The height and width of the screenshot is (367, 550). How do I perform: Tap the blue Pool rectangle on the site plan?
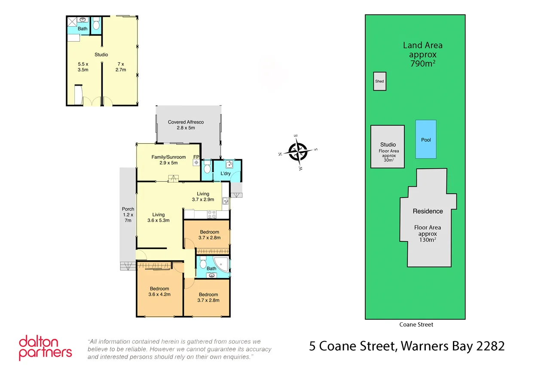[426, 139]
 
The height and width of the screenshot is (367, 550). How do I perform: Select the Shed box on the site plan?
[379, 81]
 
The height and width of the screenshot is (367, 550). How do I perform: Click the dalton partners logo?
[45, 348]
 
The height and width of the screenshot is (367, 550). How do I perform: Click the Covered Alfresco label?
[186, 125]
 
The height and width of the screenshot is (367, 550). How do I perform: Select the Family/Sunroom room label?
[165, 160]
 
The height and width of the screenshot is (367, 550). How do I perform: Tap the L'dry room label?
[226, 173]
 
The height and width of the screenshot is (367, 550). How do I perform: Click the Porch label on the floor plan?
[128, 214]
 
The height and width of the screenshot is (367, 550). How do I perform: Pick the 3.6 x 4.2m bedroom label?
[159, 292]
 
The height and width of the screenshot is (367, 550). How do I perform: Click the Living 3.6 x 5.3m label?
[158, 217]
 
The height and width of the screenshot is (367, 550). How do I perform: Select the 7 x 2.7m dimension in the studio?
[120, 66]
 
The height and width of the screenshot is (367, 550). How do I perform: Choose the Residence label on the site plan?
[428, 211]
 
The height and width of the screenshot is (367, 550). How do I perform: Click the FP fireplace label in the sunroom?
[196, 157]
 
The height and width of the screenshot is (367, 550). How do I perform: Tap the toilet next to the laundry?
[207, 167]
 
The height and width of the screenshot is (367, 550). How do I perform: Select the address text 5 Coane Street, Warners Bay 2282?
[406, 346]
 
